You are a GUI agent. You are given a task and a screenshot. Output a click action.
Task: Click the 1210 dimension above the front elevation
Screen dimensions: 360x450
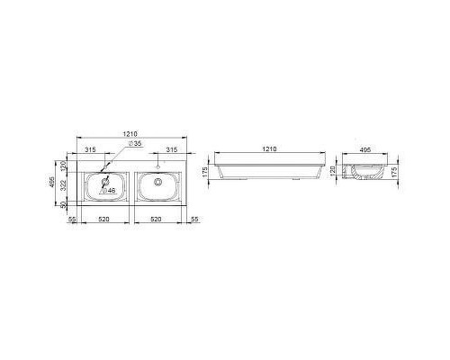click(267, 148)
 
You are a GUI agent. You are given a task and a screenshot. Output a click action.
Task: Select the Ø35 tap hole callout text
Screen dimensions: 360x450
click(133, 144)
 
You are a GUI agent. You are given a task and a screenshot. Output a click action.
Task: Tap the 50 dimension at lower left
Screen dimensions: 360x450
click(64, 205)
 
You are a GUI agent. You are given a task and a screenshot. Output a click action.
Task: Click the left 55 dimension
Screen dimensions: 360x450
click(72, 219)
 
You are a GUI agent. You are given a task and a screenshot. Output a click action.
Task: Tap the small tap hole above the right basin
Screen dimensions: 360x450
click(157, 166)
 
